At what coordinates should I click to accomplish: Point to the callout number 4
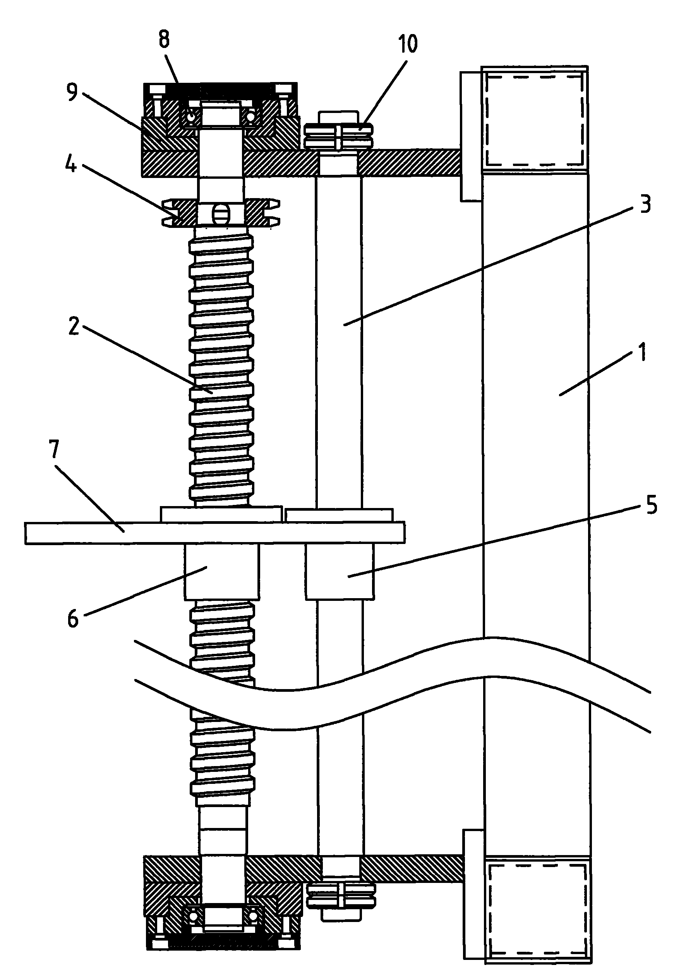coord(71,164)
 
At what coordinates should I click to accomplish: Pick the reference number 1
coord(642,352)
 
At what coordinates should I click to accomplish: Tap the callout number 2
coord(74,326)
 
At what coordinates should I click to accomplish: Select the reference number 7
coord(54,450)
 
